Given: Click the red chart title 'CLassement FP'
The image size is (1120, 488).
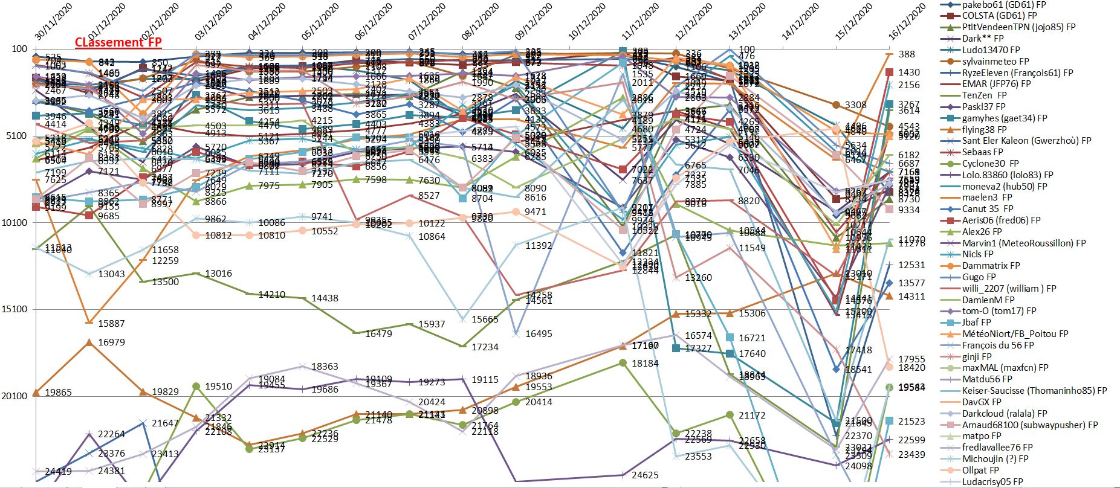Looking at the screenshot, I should pos(118,42).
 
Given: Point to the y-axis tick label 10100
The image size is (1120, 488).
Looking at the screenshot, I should pos(15,223).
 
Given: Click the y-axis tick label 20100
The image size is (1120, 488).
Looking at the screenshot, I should pos(15,396).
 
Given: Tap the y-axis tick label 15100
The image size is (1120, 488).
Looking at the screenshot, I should pos(15,309).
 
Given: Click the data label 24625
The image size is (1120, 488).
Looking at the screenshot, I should pos(645,475).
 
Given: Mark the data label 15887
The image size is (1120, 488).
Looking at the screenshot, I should pos(111,324).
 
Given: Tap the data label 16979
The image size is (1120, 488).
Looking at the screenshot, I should pos(111,342).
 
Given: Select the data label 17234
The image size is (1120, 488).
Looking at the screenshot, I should pos(485,347).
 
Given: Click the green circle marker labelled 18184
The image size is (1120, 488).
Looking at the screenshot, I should pos(623,363).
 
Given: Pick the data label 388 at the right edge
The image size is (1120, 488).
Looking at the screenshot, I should pos(907,54).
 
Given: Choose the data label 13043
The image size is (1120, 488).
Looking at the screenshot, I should pos(111,274).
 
